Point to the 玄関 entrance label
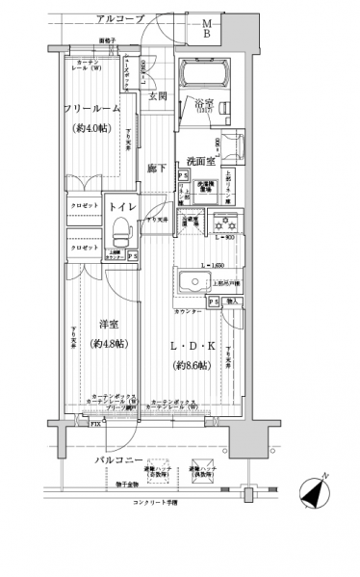[x=158, y=95]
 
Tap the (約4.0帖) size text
[x=93, y=127]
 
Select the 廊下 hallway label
[x=157, y=170]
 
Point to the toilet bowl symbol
[x=121, y=232]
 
